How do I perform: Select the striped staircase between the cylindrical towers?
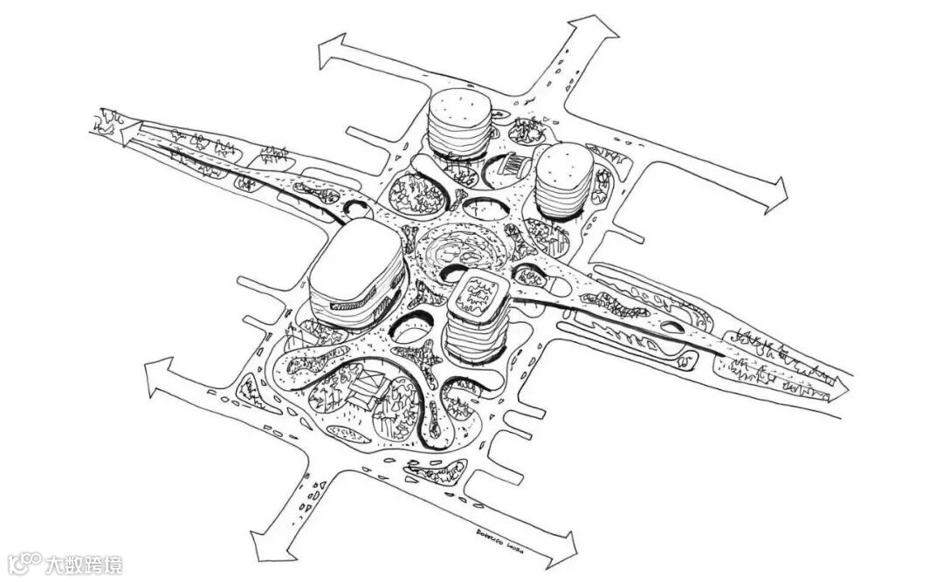point(515,163)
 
